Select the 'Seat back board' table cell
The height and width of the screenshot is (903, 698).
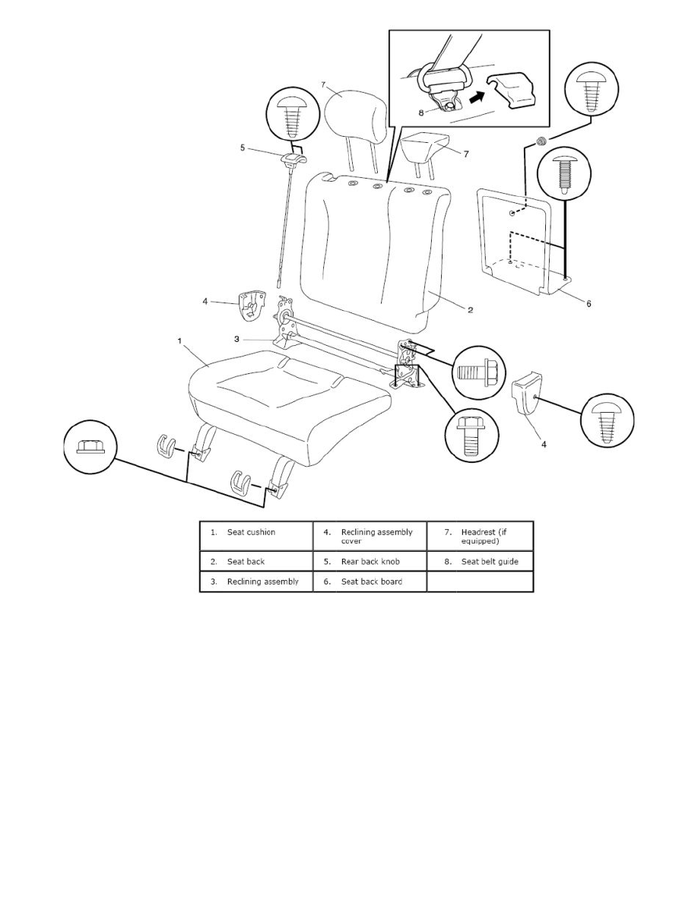pyautogui.click(x=370, y=582)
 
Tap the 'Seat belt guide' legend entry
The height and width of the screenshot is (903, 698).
pyautogui.click(x=480, y=562)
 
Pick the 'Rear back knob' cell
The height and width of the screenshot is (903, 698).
pyautogui.click(x=370, y=562)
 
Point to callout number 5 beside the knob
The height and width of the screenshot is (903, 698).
pyautogui.click(x=243, y=149)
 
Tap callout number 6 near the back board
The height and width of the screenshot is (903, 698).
pyautogui.click(x=588, y=303)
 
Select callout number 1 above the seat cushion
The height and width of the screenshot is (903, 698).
pyautogui.click(x=179, y=342)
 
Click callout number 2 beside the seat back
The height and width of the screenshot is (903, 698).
pyautogui.click(x=470, y=309)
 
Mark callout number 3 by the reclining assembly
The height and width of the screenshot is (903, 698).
pyautogui.click(x=236, y=339)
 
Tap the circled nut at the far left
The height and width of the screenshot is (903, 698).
pyautogui.click(x=90, y=448)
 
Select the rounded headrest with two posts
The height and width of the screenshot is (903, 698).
pyautogui.click(x=347, y=111)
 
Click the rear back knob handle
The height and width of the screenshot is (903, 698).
pyautogui.click(x=293, y=159)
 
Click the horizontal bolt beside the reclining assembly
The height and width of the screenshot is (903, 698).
pyautogui.click(x=478, y=373)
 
